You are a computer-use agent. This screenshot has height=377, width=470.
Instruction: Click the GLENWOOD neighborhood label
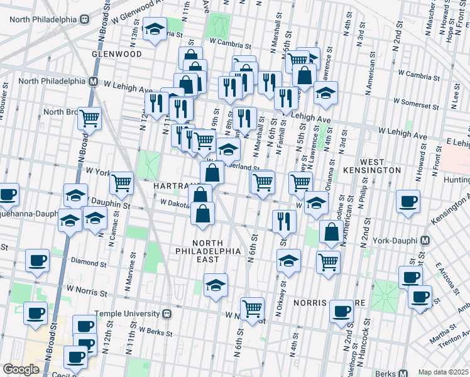(116, 54)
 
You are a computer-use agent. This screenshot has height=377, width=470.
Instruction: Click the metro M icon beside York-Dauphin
(425, 241)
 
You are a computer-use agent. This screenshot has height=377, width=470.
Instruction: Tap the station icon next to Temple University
(167, 313)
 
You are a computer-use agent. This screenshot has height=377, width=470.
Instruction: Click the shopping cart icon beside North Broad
(90, 117)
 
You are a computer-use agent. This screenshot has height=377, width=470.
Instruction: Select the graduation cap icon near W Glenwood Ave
(154, 30)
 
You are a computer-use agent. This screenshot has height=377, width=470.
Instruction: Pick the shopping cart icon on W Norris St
(252, 309)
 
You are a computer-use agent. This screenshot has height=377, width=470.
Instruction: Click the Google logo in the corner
(21, 369)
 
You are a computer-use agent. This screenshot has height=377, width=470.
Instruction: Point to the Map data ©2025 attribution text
(443, 372)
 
